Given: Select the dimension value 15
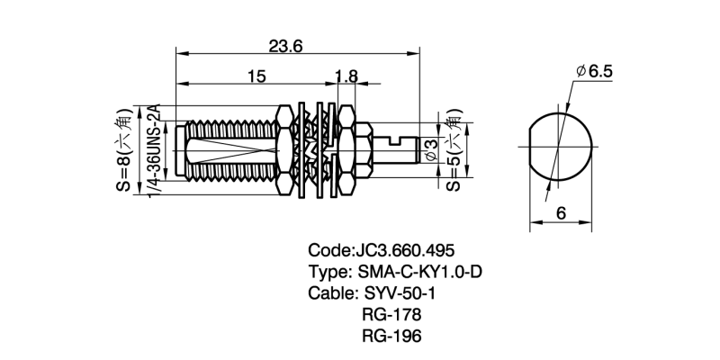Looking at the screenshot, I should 256,77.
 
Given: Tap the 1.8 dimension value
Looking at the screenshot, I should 344,77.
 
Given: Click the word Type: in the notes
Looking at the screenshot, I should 330,272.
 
